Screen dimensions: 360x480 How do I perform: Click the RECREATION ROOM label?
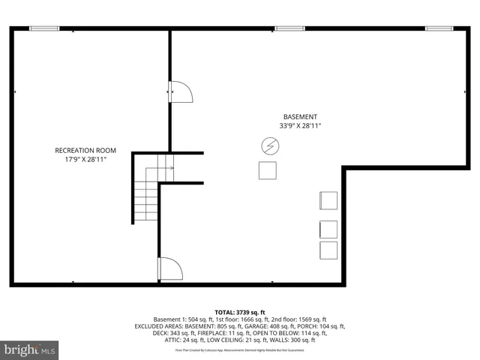pyautogui.click(x=85, y=150)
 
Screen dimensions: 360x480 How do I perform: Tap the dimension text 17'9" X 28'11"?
pyautogui.click(x=85, y=160)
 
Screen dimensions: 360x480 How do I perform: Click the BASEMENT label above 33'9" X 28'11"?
pyautogui.click(x=300, y=116)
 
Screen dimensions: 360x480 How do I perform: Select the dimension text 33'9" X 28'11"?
pyautogui.click(x=300, y=126)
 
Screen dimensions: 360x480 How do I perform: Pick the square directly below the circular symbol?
pyautogui.click(x=268, y=170)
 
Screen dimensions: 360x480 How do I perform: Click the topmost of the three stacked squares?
pyautogui.click(x=328, y=200)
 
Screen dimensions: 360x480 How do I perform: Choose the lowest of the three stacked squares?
pyautogui.click(x=328, y=250)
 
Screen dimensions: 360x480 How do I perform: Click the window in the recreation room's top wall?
pyautogui.click(x=44, y=28)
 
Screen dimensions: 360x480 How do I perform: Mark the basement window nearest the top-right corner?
pyautogui.click(x=439, y=28)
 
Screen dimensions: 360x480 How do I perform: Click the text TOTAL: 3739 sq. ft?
pyautogui.click(x=240, y=312)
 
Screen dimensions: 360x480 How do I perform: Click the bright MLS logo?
pyautogui.click(x=30, y=349)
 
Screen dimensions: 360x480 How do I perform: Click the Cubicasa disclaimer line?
pyautogui.click(x=240, y=349)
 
